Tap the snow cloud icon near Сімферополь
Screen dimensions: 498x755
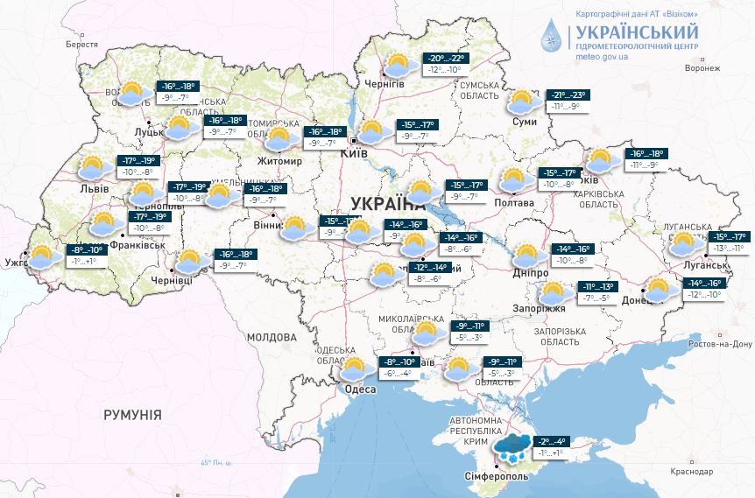512,449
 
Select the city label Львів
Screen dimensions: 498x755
94,188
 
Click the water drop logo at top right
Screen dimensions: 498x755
551,35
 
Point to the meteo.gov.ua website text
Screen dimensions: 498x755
602,55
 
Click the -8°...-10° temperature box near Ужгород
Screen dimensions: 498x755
86,255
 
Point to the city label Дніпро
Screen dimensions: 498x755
528,272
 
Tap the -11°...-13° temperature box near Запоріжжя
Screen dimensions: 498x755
600,292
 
